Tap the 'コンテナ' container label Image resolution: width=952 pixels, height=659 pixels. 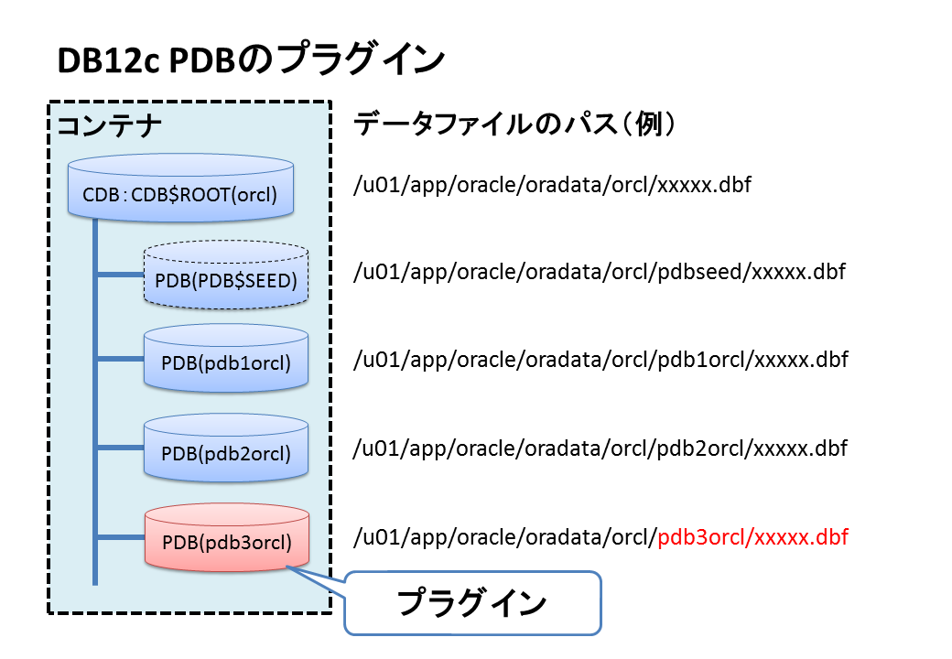110,125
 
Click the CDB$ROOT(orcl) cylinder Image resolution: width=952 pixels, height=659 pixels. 180,190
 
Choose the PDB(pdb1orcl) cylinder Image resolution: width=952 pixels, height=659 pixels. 226,359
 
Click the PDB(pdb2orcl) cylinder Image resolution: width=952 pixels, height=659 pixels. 226,448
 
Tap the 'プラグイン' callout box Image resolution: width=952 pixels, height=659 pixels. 472,603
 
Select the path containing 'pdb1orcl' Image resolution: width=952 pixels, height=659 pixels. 601,360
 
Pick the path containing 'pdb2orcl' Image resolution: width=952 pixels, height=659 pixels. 600,448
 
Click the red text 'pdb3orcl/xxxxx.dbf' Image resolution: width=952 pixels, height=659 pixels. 753,537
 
